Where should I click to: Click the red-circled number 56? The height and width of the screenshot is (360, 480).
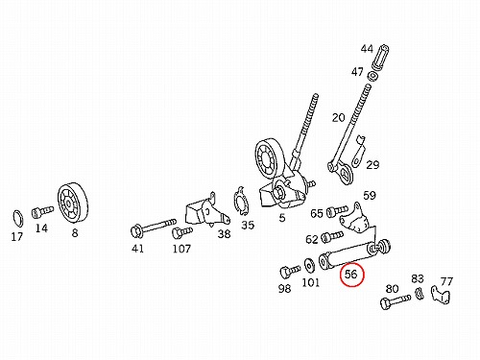(x=350, y=275)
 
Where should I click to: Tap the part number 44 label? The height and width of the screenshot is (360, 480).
(x=367, y=49)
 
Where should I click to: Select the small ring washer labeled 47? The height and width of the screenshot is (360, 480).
(x=372, y=77)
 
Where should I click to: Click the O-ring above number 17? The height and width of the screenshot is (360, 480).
(x=17, y=219)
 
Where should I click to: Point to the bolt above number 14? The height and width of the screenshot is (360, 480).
(x=42, y=211)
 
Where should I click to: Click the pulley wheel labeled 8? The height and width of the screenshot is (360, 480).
(x=73, y=202)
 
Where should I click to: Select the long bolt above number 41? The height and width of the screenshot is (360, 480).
(x=154, y=227)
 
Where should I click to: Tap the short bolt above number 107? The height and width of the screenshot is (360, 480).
(x=182, y=231)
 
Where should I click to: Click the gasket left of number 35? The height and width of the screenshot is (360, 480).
(x=241, y=201)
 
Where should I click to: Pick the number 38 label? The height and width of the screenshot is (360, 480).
(x=224, y=234)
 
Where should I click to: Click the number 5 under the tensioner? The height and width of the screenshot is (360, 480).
(x=281, y=218)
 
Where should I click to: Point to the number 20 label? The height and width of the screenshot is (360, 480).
(x=338, y=118)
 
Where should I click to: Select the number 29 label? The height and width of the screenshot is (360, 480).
(x=372, y=165)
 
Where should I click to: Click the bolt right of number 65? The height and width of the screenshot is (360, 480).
(x=337, y=211)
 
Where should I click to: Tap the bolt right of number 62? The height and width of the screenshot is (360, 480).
(x=332, y=237)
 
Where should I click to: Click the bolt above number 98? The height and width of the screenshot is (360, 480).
(x=290, y=272)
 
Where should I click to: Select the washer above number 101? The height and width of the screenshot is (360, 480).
(x=309, y=265)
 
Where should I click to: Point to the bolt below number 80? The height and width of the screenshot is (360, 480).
(x=396, y=301)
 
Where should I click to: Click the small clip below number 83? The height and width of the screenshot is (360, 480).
(x=420, y=294)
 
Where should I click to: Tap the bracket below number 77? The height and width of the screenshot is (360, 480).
(x=440, y=294)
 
